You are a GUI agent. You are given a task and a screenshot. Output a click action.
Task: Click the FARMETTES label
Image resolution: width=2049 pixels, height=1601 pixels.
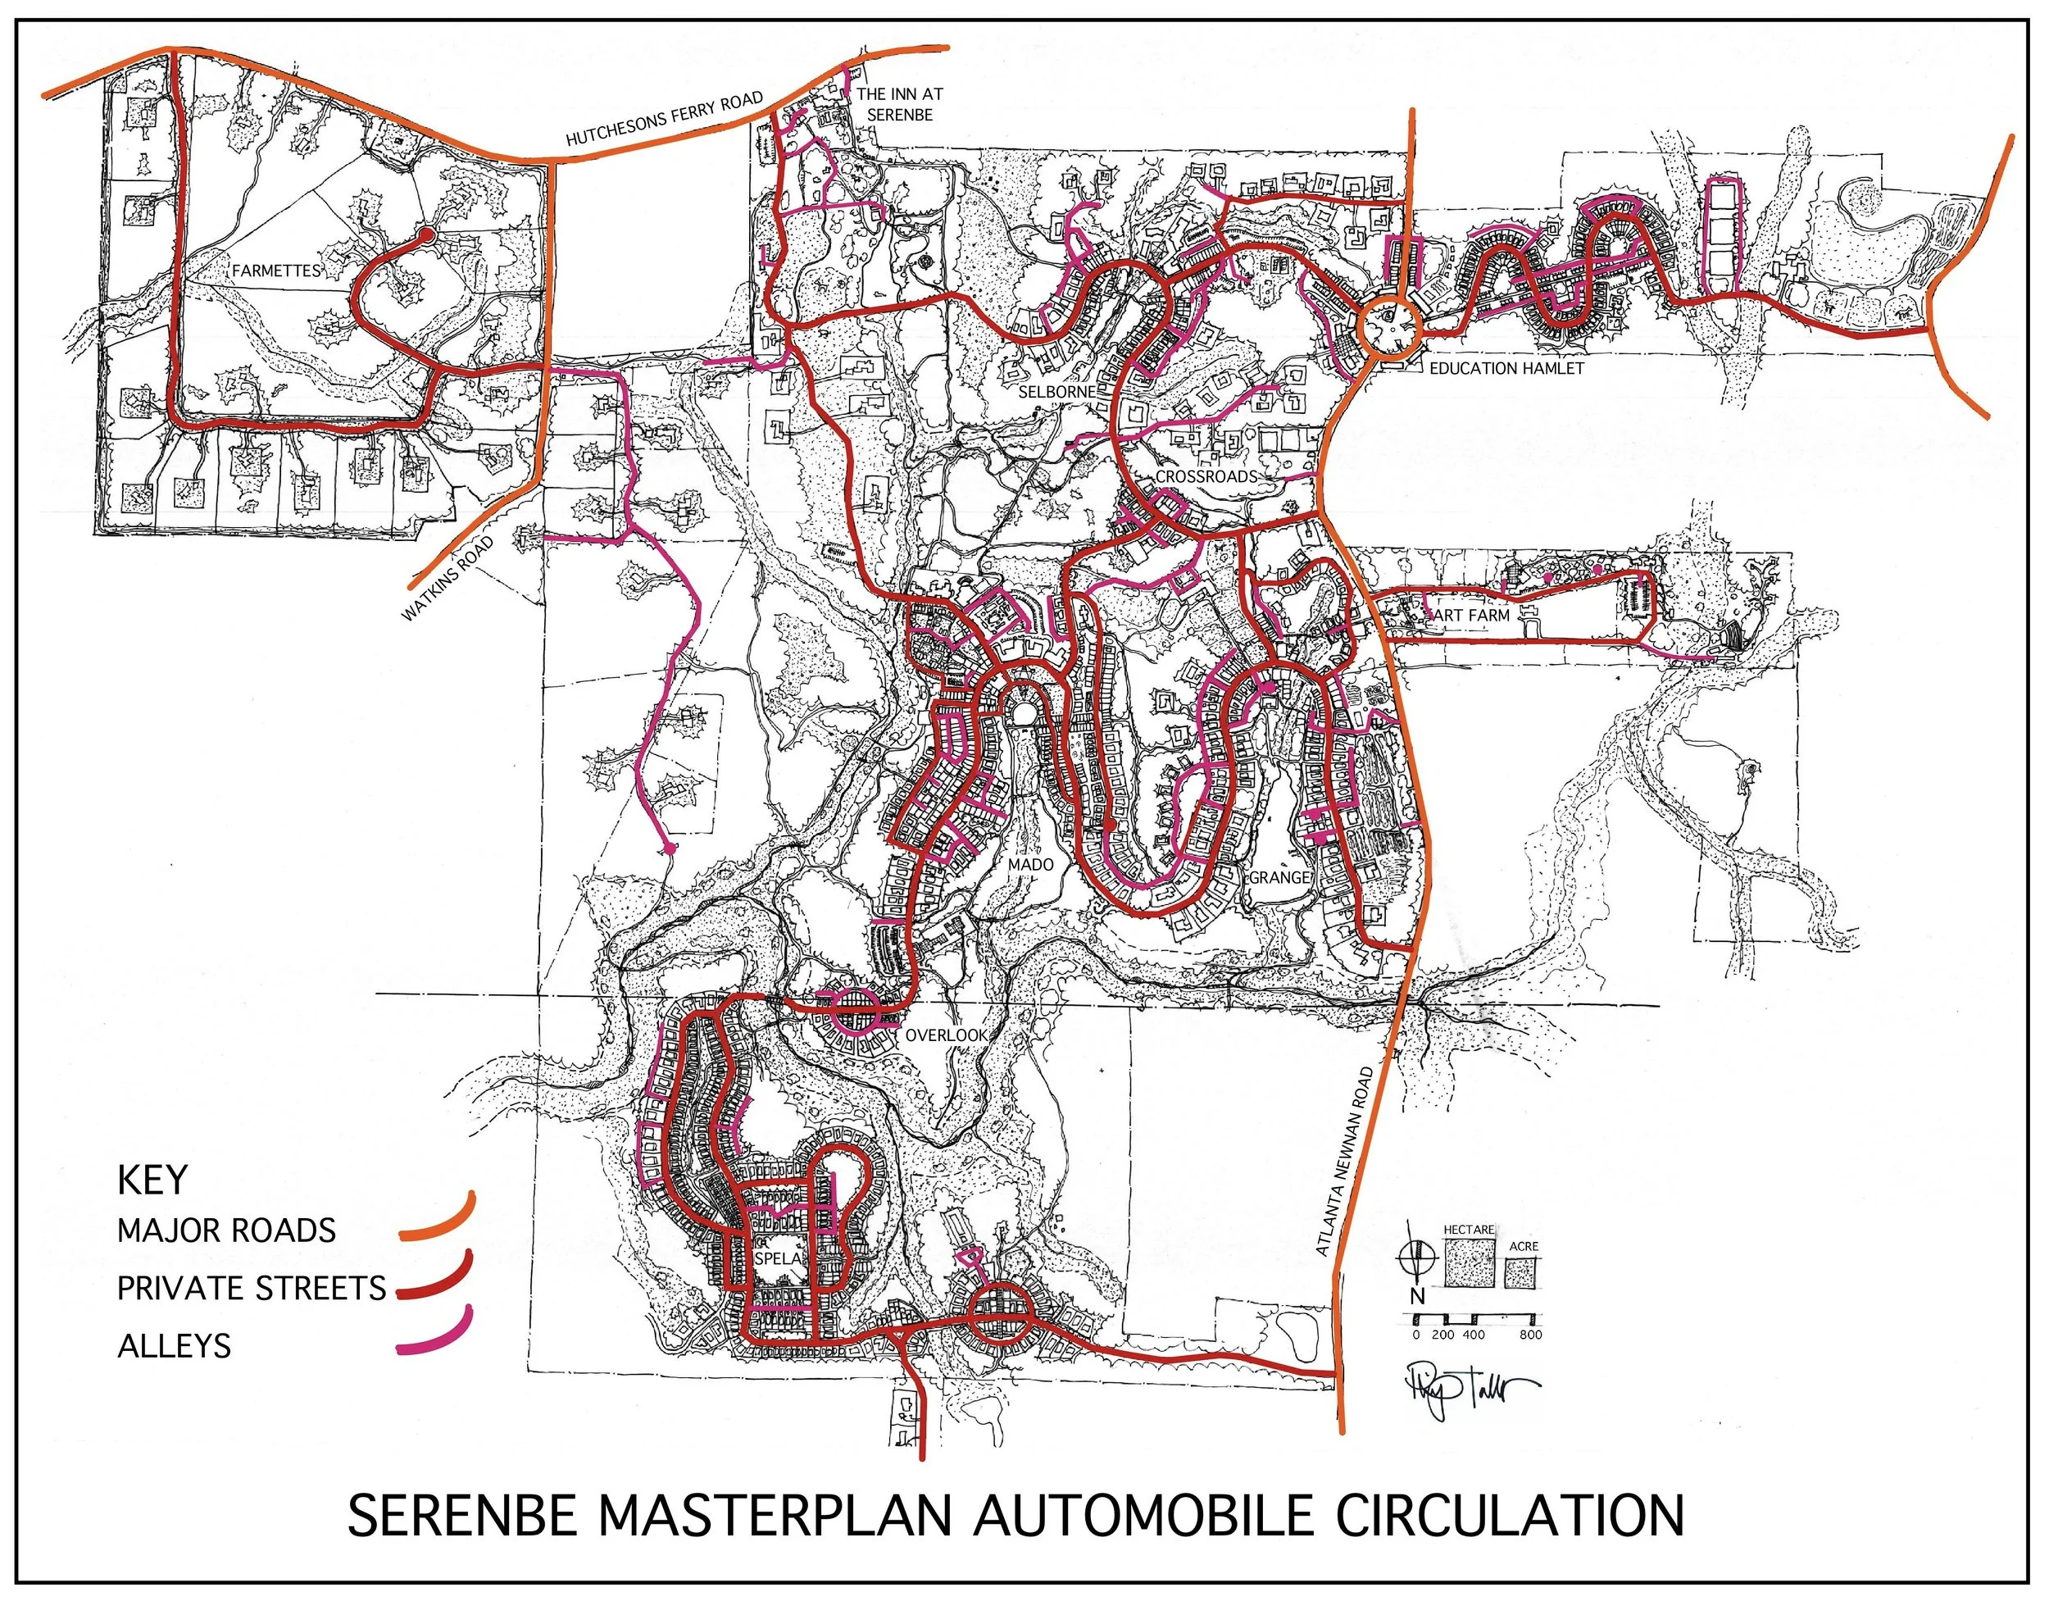[276, 271]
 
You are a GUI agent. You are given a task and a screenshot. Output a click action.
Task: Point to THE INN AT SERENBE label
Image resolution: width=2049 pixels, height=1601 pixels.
[900, 104]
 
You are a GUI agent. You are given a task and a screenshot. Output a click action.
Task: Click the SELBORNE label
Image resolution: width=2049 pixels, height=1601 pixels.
[1056, 390]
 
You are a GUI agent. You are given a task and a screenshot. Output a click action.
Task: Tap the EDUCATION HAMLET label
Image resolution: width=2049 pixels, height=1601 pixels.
[1506, 369]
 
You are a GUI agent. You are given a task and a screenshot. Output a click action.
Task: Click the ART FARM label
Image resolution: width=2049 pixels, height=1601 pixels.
[1473, 615]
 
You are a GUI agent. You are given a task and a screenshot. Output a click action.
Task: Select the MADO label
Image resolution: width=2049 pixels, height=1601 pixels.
[1030, 863]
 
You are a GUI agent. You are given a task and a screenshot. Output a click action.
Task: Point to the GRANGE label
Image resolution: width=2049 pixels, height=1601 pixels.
[1279, 876]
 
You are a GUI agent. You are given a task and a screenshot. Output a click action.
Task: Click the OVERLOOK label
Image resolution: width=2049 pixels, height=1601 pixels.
[946, 1035]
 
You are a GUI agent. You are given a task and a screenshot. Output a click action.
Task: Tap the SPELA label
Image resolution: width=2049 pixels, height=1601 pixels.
[776, 1258]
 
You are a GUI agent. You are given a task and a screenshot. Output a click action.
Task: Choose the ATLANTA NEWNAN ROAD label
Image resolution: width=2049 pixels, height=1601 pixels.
[1343, 1161]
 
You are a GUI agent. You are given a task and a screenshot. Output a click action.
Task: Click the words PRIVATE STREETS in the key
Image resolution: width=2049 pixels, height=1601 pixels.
[252, 1289]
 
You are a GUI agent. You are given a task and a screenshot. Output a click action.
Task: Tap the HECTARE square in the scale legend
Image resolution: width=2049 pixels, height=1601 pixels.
[1470, 1262]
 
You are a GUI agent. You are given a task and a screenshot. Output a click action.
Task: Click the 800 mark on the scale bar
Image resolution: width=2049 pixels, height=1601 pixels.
[1530, 1334]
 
